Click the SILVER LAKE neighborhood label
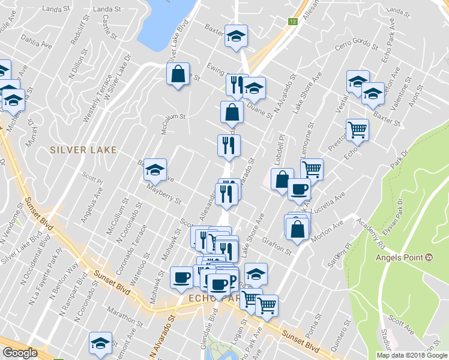[x=83, y=149]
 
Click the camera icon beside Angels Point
[x=429, y=257]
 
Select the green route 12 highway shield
[x=292, y=22]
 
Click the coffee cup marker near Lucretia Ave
[x=298, y=190]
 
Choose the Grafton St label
[x=276, y=247]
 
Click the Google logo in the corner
[x=20, y=353]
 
